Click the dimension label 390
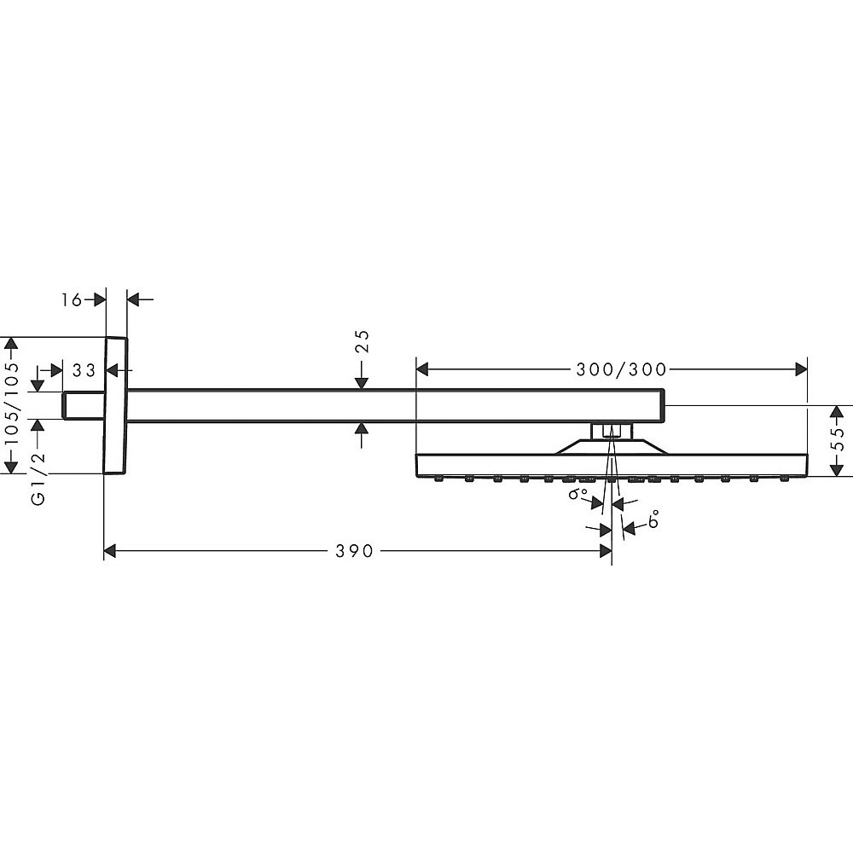(354, 551)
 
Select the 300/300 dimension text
(621, 370)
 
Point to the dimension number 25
(363, 342)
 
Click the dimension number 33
(84, 370)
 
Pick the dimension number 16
(72, 299)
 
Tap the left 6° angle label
(577, 493)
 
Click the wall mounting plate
(115, 405)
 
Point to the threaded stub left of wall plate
(84, 405)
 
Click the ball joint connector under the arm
(612, 431)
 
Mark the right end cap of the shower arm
(663, 405)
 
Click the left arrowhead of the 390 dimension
(110, 551)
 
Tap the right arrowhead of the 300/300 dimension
(801, 369)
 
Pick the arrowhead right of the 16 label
(99, 299)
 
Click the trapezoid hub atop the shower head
(612, 447)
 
